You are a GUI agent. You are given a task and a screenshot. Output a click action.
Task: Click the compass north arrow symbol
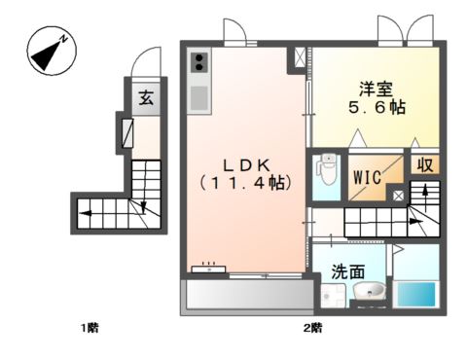pyautogui.click(x=47, y=51)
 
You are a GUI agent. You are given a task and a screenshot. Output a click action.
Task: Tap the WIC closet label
pyautogui.click(x=367, y=178)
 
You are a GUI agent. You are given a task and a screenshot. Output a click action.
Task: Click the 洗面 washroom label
pyautogui.click(x=346, y=271)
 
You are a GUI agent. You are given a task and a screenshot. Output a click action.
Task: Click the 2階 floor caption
pyautogui.click(x=311, y=328)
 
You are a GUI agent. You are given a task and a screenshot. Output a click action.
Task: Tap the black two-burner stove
pyautogui.click(x=198, y=63)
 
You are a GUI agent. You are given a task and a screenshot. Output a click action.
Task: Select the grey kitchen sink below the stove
pyautogui.click(x=198, y=97)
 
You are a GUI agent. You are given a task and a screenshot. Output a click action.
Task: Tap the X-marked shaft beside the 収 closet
pyautogui.click(x=397, y=195)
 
